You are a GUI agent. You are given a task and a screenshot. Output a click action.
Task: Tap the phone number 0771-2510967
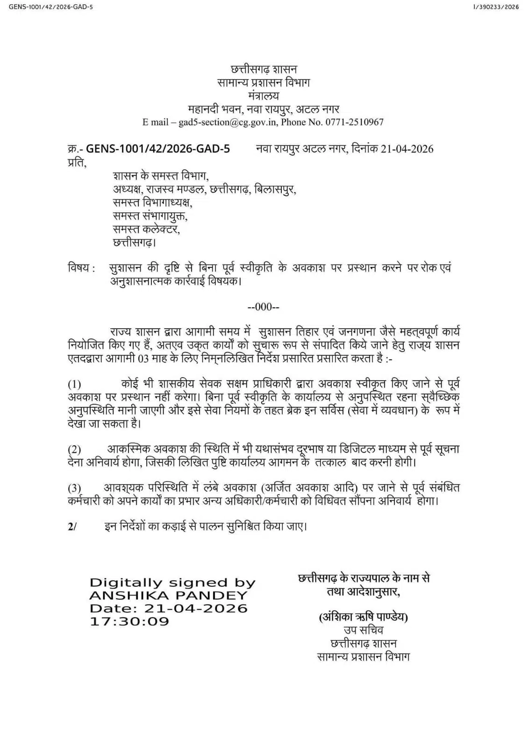pos(356,122)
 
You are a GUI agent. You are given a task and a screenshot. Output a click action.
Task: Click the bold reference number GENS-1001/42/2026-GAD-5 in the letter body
pos(158,149)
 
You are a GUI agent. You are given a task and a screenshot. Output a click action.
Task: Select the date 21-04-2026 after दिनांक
pos(407,149)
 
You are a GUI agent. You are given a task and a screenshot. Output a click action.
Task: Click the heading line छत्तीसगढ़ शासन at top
pos(264,70)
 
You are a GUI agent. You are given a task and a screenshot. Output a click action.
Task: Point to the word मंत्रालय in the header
pos(264,96)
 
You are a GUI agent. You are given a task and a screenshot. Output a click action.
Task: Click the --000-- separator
pos(264,307)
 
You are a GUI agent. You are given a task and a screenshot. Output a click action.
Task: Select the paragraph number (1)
pos(74,384)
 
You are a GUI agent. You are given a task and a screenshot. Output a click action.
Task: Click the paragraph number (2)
pos(74,450)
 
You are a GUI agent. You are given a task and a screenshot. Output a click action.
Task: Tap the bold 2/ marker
pos(72,526)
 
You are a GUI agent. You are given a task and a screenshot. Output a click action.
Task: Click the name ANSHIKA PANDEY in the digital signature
pos(168,596)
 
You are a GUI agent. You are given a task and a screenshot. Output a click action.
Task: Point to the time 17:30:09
pos(129,621)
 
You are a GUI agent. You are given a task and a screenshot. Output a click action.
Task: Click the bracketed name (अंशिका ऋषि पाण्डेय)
pos(363,617)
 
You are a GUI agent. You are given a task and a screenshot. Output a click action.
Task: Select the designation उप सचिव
pos(363,630)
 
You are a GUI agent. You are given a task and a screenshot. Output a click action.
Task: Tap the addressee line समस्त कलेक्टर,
pos(146,230)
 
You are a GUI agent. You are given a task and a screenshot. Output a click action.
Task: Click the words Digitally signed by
pos(172,583)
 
